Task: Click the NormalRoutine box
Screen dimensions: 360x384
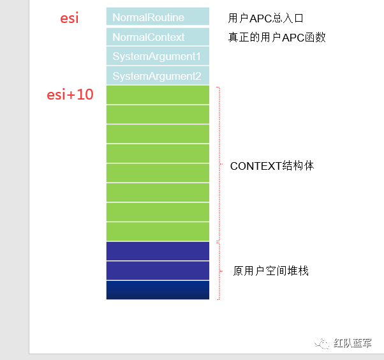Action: coord(158,17)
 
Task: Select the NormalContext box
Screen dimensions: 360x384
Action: coord(158,37)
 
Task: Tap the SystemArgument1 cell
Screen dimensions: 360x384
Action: coord(158,56)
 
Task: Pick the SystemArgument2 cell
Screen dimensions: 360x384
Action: coord(158,76)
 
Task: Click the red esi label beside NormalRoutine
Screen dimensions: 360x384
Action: coord(69,18)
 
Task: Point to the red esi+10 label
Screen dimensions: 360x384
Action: coord(70,95)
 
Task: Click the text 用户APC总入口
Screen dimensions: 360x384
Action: coord(266,18)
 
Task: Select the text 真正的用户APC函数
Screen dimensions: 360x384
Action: coord(277,37)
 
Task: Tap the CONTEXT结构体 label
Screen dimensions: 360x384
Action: coord(272,166)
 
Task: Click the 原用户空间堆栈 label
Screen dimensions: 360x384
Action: coord(271,271)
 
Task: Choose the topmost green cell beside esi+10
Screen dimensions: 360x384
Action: coord(158,95)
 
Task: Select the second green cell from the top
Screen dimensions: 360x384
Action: coord(158,115)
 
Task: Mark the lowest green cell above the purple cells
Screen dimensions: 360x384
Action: coord(158,231)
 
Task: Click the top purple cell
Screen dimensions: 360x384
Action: coord(158,251)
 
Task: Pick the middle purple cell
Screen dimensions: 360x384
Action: coord(158,271)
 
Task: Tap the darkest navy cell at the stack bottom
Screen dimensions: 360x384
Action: coord(158,290)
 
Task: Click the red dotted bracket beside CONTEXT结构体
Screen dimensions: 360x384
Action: coord(219,163)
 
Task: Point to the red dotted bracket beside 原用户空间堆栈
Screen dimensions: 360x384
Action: coord(219,271)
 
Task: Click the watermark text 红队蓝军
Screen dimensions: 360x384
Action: coord(353,343)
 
